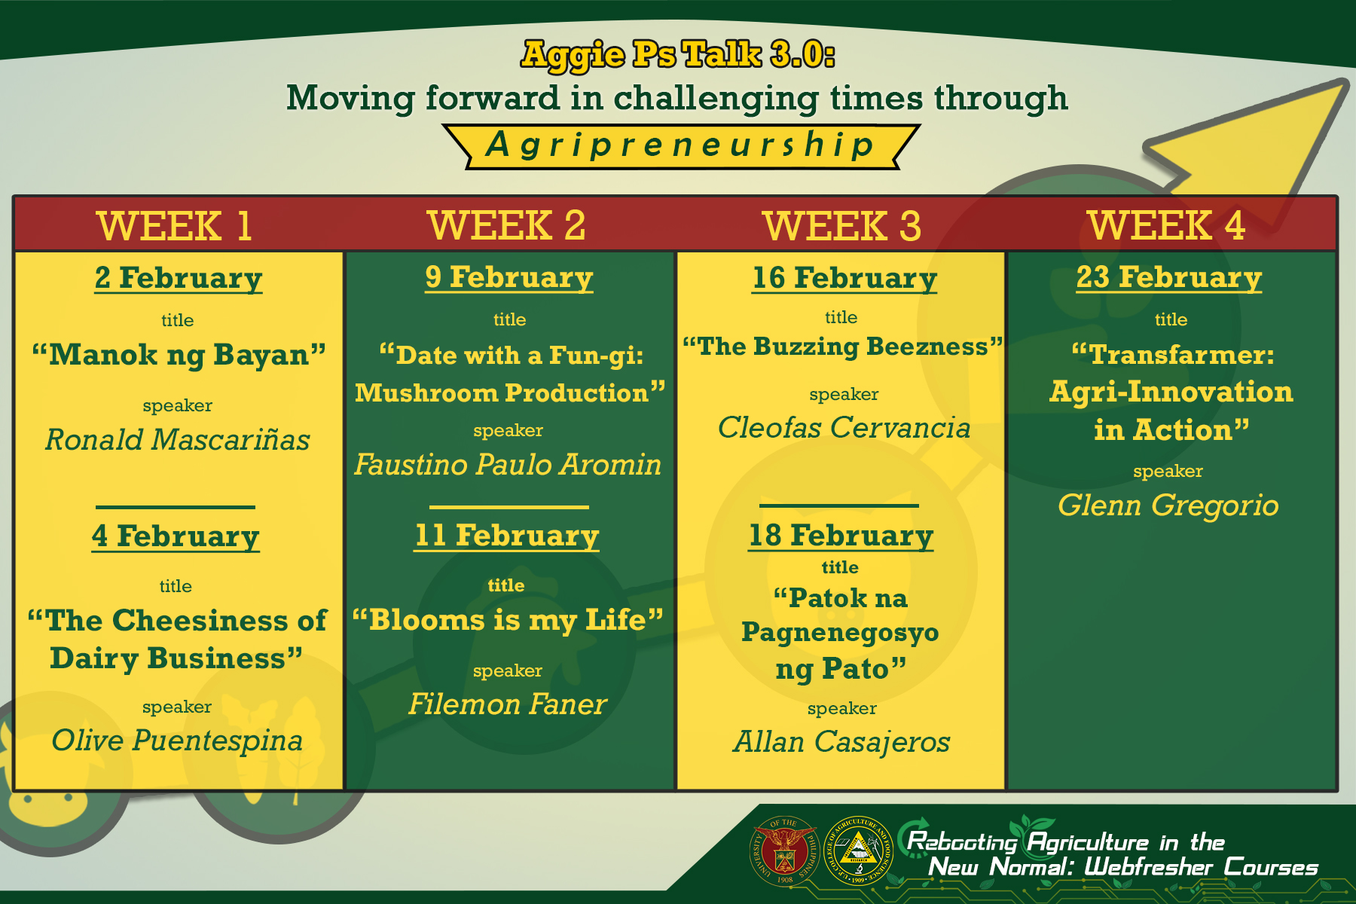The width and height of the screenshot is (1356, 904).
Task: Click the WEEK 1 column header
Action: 174,225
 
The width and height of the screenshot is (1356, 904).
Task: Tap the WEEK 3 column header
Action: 841,225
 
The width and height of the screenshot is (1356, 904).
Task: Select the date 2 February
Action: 179,278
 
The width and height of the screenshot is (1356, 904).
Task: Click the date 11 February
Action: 507,536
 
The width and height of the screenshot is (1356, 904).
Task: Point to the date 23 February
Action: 1168,277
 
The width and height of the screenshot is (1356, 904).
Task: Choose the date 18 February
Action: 841,536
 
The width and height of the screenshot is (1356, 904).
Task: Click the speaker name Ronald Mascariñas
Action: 178,439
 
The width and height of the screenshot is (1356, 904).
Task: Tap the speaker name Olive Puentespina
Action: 177,741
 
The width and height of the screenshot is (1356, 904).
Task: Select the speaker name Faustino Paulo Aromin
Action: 508,464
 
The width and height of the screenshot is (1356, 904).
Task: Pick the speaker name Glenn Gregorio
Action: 1168,505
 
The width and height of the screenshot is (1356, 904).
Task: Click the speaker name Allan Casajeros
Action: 841,742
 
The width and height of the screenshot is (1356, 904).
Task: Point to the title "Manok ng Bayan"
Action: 179,355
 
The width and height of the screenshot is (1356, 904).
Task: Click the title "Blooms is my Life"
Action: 508,620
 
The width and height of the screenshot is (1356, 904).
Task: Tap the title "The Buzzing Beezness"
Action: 843,347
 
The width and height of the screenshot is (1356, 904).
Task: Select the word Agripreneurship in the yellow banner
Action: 680,145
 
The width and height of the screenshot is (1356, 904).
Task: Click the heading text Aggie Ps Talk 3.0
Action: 678,54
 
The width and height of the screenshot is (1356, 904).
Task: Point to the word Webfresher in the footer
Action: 1147,867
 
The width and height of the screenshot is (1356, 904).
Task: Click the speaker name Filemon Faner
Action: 508,704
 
